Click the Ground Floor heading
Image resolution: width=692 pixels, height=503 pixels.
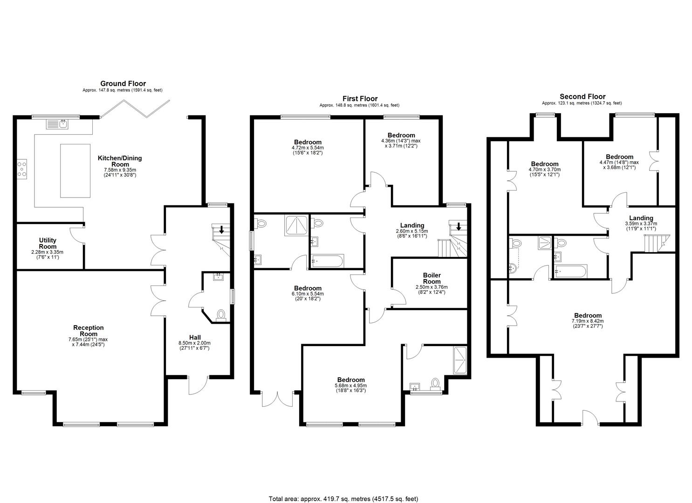(123, 83)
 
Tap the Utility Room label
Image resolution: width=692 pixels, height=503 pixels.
(48, 243)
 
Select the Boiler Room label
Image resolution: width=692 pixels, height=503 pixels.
(432, 278)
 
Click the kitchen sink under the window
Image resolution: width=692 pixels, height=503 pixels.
(57, 124)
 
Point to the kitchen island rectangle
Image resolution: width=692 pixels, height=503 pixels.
(75, 170)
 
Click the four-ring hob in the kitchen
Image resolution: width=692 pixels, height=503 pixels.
(22, 169)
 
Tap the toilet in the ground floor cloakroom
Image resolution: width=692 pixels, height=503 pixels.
(220, 316)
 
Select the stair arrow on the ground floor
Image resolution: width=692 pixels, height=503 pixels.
(221, 230)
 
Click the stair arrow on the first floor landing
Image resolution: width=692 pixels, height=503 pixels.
(459, 227)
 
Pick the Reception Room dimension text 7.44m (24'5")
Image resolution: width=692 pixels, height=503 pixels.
(89, 345)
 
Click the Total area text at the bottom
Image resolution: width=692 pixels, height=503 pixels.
(343, 490)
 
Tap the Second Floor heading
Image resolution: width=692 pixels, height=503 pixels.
(582, 97)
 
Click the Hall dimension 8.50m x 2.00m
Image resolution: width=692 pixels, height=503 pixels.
(194, 343)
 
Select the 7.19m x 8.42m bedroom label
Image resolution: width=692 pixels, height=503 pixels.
(588, 321)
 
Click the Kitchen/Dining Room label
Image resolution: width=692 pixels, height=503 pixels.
(120, 161)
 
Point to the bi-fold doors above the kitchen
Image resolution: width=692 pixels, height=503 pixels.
(135, 109)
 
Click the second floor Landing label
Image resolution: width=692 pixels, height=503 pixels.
(641, 218)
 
